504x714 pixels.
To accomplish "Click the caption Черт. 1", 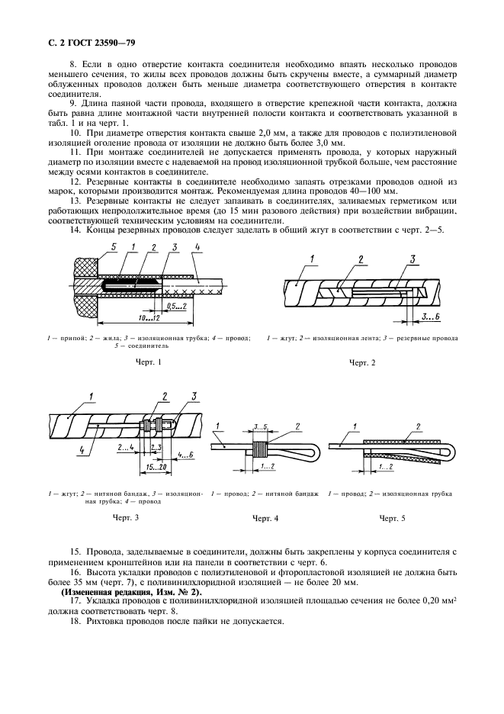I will [148, 361].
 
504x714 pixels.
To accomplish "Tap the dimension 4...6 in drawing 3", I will [185, 455].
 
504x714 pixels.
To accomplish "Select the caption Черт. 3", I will [126, 518].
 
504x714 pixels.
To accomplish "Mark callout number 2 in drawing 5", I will [417, 425].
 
